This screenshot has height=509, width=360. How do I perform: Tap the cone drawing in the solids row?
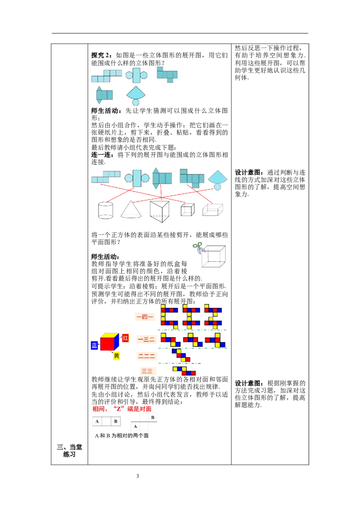131,209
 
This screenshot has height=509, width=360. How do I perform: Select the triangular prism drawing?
160,211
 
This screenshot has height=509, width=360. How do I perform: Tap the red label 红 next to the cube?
126,338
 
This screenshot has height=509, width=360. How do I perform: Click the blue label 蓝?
94,345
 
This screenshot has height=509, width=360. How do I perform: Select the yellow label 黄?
116,356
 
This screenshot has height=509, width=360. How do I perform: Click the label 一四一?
144,317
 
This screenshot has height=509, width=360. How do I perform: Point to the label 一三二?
147,339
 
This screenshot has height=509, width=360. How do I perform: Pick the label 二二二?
147,356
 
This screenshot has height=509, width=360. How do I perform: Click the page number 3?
137,476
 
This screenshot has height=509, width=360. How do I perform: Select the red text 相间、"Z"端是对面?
122,409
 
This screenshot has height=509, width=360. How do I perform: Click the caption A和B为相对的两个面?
122,436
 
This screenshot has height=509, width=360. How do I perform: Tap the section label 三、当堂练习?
69,451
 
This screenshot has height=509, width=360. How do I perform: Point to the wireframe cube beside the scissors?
213,256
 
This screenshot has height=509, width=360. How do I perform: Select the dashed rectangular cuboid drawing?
213,210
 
